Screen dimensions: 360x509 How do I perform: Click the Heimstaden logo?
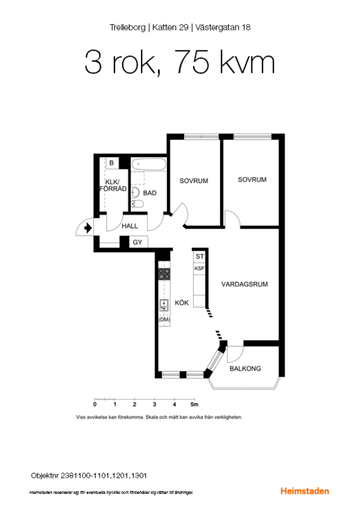pyautogui.click(x=305, y=491)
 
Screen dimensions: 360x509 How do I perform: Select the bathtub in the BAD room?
pyautogui.click(x=149, y=164)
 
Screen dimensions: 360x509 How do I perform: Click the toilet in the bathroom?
pyautogui.click(x=137, y=204)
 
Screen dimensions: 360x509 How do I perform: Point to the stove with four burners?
pyautogui.click(x=164, y=274)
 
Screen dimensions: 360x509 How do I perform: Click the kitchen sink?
pyautogui.click(x=164, y=305)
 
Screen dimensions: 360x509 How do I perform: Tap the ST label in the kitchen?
pyautogui.click(x=199, y=256)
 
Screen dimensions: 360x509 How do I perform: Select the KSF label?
pyautogui.click(x=199, y=269)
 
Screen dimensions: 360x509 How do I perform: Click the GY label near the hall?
pyautogui.click(x=138, y=242)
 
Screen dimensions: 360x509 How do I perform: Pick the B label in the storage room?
pyautogui.click(x=112, y=163)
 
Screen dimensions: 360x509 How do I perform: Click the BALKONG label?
pyautogui.click(x=245, y=368)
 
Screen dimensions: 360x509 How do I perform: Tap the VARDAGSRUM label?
pyautogui.click(x=245, y=284)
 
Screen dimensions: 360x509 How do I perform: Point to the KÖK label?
pyautogui.click(x=182, y=303)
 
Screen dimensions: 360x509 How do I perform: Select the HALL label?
pyautogui.click(x=130, y=226)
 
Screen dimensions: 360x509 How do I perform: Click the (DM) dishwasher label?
pyautogui.click(x=164, y=320)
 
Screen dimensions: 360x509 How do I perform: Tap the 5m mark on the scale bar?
pyautogui.click(x=194, y=404)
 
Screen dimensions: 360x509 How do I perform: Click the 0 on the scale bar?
pyautogui.click(x=95, y=404)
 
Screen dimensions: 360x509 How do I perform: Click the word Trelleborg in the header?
pyautogui.click(x=127, y=28)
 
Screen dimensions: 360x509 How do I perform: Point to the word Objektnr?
pyautogui.click(x=45, y=476)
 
